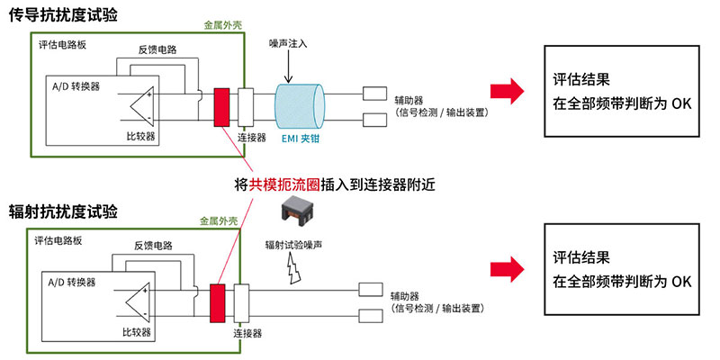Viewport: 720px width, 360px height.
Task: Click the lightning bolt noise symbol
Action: click(294, 267)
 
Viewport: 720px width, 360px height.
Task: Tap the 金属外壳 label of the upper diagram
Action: click(225, 27)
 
